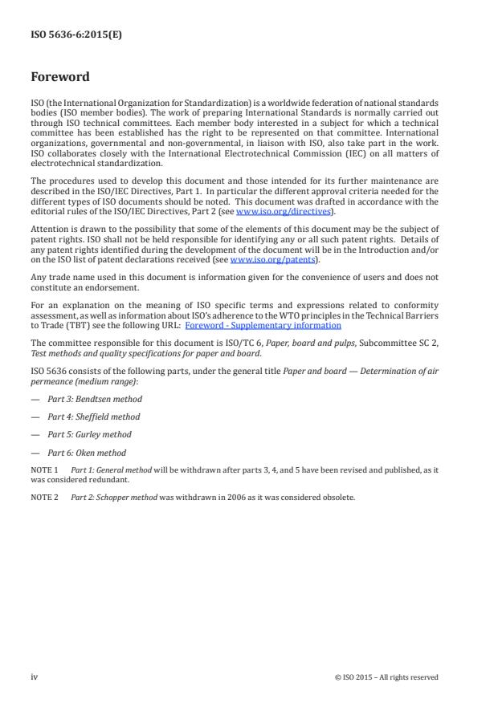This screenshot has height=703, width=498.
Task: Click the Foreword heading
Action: (x=60, y=78)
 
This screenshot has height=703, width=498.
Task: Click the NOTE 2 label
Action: (x=44, y=497)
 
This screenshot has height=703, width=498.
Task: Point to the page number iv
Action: (x=35, y=677)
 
